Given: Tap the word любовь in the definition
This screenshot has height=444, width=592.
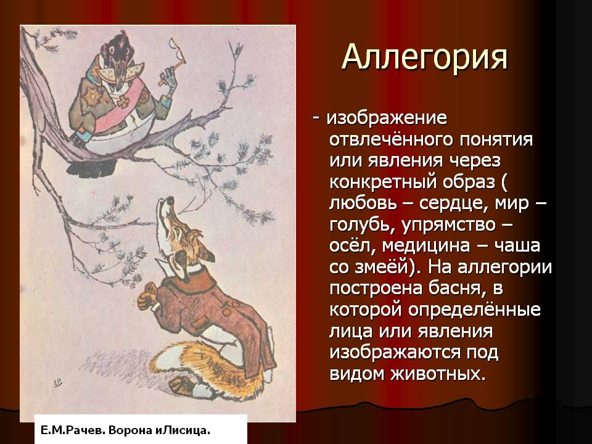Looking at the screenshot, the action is (x=363, y=203).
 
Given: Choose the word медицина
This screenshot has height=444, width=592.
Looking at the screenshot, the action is (x=426, y=247).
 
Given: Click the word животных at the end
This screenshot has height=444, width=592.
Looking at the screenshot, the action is (x=438, y=374).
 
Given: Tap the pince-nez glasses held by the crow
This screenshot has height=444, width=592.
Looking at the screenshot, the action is (x=178, y=48).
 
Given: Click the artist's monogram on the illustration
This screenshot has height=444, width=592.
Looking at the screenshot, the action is (x=58, y=383).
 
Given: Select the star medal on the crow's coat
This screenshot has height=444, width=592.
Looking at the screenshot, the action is (x=92, y=96).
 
